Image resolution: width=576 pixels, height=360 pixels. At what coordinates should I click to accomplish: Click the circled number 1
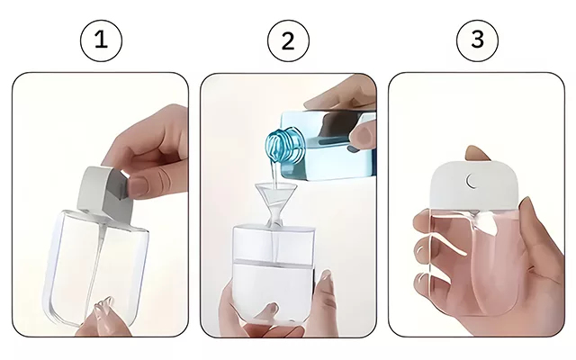(x=101, y=40)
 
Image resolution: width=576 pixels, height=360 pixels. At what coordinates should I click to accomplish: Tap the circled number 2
(x=288, y=40)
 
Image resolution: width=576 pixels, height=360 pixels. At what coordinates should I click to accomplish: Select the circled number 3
(x=477, y=40)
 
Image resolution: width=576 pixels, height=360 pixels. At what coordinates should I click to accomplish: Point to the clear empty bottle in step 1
(x=96, y=268)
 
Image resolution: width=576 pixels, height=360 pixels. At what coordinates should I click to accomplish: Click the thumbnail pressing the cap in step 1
(x=136, y=186)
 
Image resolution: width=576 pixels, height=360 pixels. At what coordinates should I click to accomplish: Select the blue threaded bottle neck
(x=286, y=146)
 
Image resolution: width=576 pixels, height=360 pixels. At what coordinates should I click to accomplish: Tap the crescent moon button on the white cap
(x=472, y=180)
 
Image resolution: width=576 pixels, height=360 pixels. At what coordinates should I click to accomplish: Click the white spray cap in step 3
(x=474, y=187)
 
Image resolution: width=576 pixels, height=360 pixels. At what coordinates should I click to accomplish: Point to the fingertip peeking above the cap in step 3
(x=477, y=153)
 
